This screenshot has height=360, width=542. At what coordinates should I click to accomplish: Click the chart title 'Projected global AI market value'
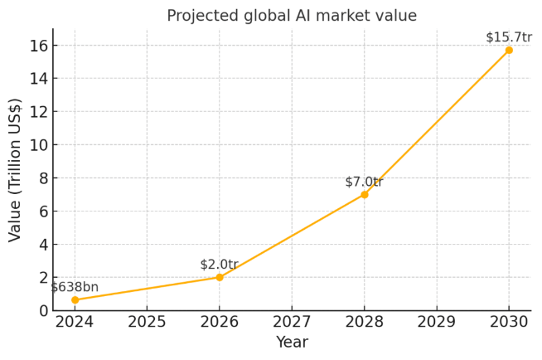(292, 16)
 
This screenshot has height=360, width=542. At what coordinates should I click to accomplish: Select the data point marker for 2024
(75, 299)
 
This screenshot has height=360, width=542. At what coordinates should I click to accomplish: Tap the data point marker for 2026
(220, 277)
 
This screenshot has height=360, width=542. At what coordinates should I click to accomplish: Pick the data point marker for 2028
(365, 194)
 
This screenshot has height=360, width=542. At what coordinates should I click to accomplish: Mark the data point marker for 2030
(509, 50)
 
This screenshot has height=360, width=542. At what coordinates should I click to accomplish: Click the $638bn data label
(75, 287)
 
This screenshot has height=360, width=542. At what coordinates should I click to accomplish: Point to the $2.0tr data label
(219, 265)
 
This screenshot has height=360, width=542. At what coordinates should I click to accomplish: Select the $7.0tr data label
(364, 182)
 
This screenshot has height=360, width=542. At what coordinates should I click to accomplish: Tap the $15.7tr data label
(508, 37)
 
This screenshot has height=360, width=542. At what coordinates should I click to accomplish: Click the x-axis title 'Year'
(292, 342)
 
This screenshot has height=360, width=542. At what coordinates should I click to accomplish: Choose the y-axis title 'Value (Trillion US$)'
(15, 170)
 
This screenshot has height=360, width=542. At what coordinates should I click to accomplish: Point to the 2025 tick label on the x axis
(148, 322)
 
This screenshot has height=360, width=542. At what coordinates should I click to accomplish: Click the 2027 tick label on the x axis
(292, 322)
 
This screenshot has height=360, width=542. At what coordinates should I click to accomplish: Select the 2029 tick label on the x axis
(437, 322)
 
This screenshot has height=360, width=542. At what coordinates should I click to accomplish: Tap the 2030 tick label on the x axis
(509, 322)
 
